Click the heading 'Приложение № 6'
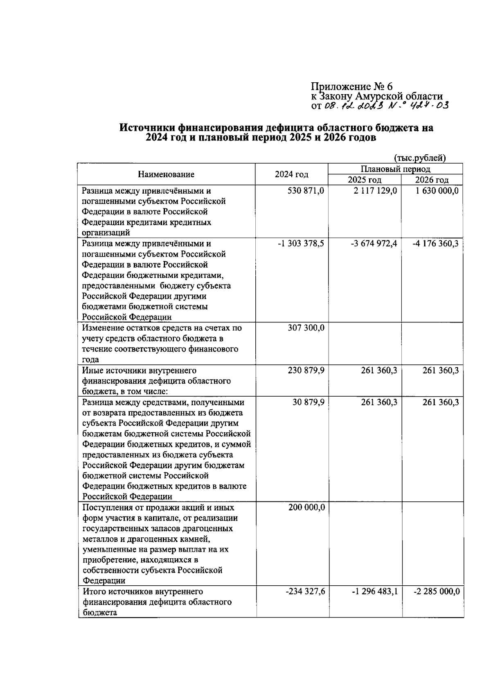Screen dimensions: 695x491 click(351, 86)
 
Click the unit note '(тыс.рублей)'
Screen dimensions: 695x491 click(420, 158)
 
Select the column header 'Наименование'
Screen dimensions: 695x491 click(166, 174)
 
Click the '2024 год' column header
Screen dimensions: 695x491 click(291, 174)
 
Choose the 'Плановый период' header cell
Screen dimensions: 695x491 click(395, 169)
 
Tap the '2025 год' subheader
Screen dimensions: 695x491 click(364, 180)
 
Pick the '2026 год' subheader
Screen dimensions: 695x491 click(432, 180)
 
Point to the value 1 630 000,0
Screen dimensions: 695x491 click(437, 191)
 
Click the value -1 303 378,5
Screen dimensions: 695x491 click(301, 244)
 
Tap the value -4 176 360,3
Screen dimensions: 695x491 click(436, 244)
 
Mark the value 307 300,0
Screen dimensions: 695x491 click(306, 328)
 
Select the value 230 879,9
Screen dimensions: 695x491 click(306, 370)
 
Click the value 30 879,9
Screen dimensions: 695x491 click(309, 402)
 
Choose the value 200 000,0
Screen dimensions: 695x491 click(306, 508)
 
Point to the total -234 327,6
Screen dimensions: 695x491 click(305, 592)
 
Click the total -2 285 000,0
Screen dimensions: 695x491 click(436, 592)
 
